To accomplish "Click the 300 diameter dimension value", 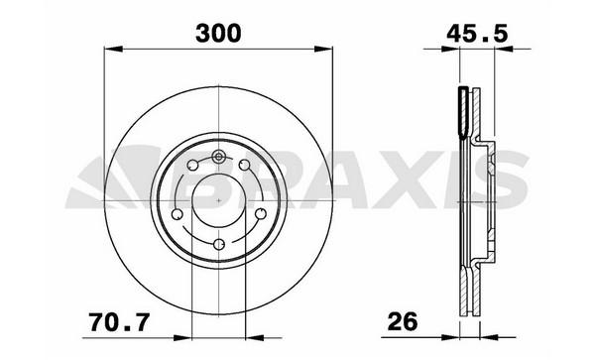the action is pyautogui.click(x=218, y=33).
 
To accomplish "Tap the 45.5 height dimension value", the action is pyautogui.click(x=477, y=33).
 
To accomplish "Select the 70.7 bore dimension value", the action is pyautogui.click(x=120, y=322).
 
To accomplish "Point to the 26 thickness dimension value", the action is pyautogui.click(x=403, y=322).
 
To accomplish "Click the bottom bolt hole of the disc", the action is pyautogui.click(x=219, y=244).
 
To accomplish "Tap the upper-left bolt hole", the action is pyautogui.click(x=192, y=166).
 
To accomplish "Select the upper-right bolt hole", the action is pyautogui.click(x=245, y=166).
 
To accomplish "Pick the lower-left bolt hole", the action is pyautogui.click(x=177, y=214).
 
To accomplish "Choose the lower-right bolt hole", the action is pyautogui.click(x=261, y=214).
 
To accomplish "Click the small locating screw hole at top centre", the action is pyautogui.click(x=218, y=156).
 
